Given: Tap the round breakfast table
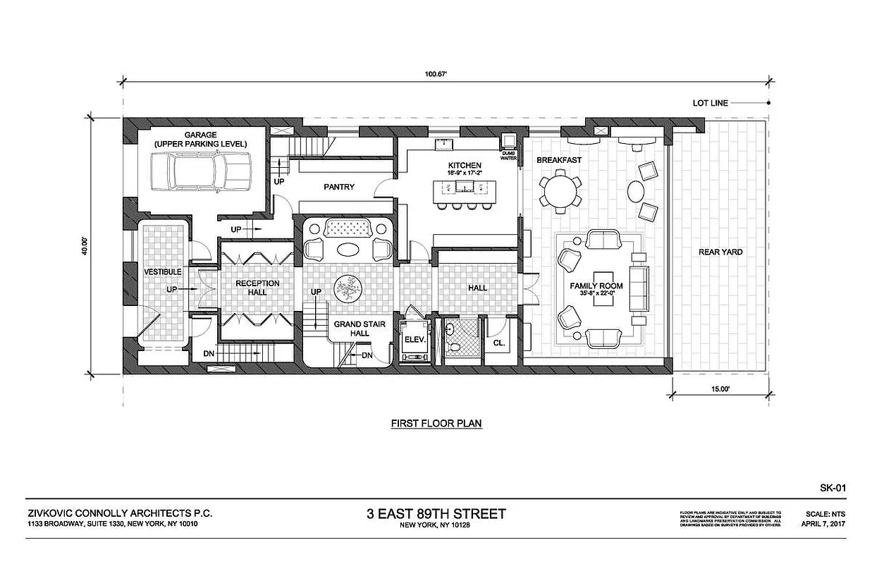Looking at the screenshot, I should [560, 190].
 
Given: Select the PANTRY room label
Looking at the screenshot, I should [338, 188].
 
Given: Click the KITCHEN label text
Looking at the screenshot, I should [465, 165].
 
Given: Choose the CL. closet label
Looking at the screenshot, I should [499, 343].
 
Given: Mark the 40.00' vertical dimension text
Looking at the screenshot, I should [85, 247].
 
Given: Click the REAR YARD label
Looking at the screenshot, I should [720, 252].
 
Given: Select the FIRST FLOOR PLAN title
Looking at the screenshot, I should [436, 424].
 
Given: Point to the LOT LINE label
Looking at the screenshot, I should [710, 103].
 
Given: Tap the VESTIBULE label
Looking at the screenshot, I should [163, 272].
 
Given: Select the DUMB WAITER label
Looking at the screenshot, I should [508, 155].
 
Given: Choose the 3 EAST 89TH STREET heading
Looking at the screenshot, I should [436, 513].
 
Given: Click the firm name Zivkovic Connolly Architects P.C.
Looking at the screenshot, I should [119, 514].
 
